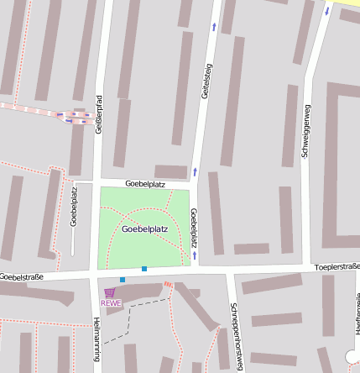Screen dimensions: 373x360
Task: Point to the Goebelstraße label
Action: point(22,276)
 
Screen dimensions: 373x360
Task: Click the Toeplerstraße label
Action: point(337,266)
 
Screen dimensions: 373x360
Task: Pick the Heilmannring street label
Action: point(97,336)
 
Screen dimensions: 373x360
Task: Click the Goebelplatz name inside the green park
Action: point(143,229)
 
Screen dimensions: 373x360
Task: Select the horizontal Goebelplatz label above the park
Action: point(144,182)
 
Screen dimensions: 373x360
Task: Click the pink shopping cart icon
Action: point(110,292)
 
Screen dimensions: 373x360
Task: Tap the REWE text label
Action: point(111,303)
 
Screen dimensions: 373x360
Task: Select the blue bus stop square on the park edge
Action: point(144,269)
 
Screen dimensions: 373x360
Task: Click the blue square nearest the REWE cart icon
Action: point(123,279)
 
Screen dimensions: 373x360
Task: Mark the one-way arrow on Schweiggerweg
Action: point(326,12)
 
